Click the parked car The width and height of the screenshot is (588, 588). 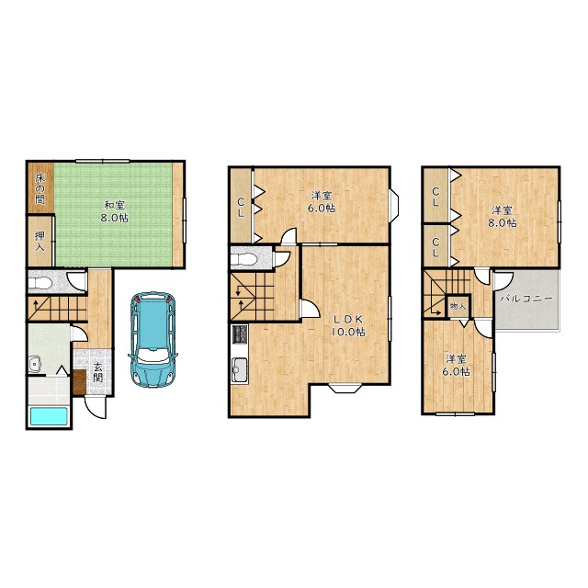coord(153,339)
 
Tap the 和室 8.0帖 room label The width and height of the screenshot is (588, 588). coord(114,212)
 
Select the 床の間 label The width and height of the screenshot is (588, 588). coord(40,188)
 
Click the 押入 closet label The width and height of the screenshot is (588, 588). coord(40,242)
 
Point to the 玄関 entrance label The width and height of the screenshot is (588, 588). coord(98,372)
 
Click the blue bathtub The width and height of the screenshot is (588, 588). coord(49,416)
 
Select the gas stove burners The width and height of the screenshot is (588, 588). coord(240,334)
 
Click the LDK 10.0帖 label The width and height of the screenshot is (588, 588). coord(348,325)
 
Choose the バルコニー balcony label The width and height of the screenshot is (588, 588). coord(526,299)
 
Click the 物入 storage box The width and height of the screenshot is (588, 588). coord(458,306)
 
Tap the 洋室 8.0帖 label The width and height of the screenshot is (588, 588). coord(502,217)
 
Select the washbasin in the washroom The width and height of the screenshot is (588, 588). coord(35,364)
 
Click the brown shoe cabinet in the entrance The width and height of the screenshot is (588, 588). coord(80,382)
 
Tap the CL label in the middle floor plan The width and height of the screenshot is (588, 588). coord(241,208)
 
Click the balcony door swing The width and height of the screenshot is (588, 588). coord(503,280)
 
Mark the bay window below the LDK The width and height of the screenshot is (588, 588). coord(345,388)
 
